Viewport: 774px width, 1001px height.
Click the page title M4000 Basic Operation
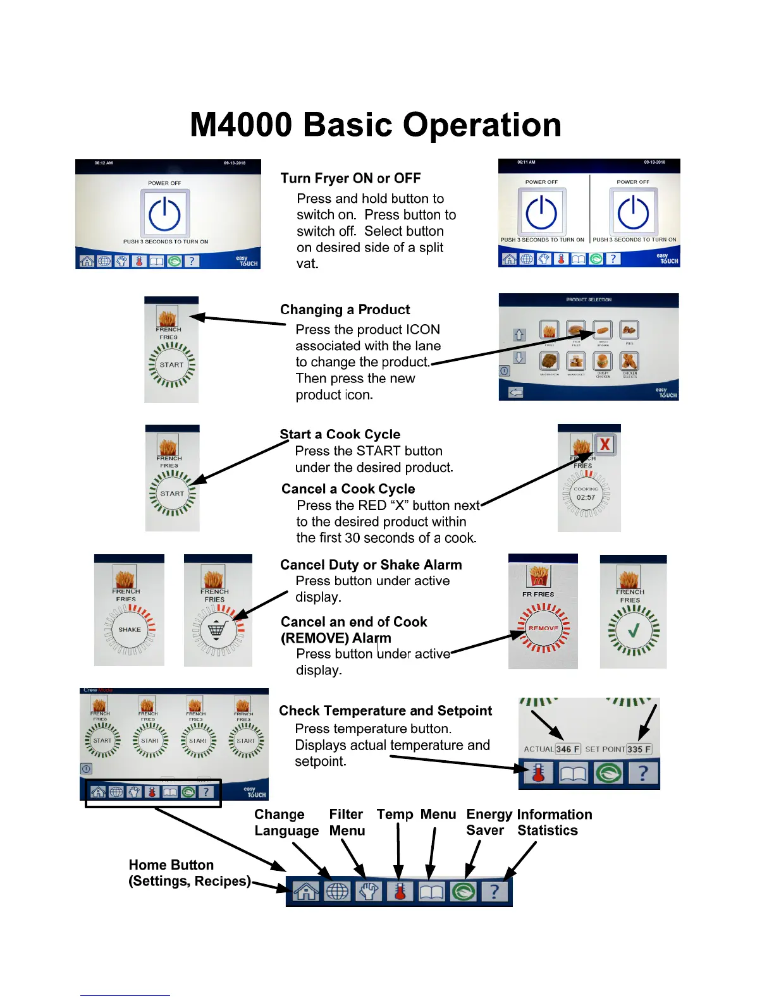(376, 124)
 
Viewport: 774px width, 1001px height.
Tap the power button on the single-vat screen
(164, 214)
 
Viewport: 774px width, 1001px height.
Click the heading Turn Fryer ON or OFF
(350, 178)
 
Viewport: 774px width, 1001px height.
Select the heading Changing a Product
(345, 310)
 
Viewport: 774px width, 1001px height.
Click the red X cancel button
(605, 444)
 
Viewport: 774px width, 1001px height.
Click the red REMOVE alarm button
(543, 628)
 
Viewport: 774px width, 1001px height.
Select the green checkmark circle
(633, 630)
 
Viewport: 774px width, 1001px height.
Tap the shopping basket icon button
(217, 629)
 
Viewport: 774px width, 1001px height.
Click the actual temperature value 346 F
(568, 749)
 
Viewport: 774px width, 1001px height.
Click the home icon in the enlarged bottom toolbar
(306, 891)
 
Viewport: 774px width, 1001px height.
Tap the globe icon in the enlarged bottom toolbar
(337, 891)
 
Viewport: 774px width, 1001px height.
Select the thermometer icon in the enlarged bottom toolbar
(400, 891)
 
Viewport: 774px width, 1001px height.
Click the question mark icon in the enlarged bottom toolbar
(494, 891)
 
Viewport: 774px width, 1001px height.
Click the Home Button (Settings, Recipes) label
(189, 873)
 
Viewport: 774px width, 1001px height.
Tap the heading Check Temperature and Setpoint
(385, 711)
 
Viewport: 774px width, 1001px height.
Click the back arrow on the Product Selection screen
(516, 392)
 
